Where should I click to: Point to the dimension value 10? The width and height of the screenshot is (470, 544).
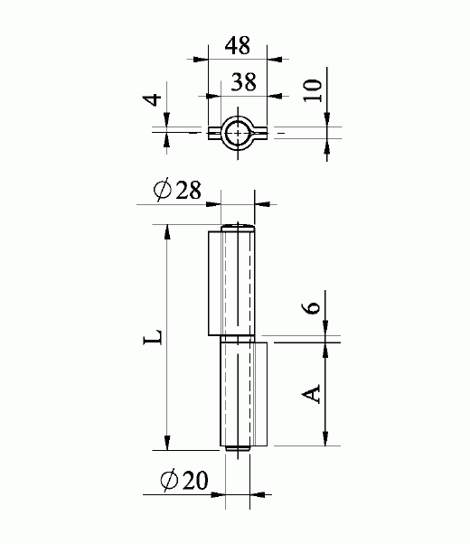click(x=314, y=90)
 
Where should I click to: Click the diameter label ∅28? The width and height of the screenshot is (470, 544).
click(x=177, y=191)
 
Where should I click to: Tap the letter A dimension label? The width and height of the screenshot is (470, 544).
click(x=311, y=393)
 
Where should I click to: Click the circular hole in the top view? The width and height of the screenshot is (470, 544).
click(x=238, y=132)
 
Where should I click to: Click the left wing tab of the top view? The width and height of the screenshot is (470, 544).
click(x=215, y=132)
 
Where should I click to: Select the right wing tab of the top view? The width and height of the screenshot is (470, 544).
click(x=260, y=132)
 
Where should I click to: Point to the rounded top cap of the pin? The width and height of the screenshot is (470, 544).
click(x=238, y=227)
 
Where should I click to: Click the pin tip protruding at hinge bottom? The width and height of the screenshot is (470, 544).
click(x=237, y=448)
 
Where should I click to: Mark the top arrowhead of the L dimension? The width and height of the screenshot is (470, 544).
click(x=166, y=231)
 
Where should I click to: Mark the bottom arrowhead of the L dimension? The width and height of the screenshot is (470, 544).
click(x=166, y=442)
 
